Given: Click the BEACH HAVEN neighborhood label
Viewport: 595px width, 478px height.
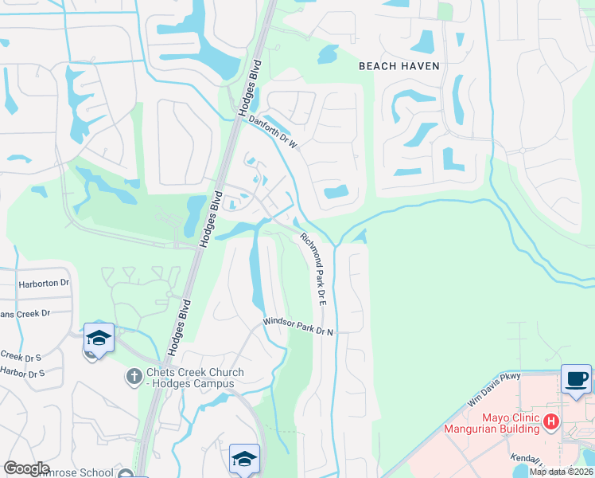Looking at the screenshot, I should (x=399, y=66).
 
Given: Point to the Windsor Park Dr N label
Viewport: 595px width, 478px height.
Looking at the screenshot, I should (x=298, y=326).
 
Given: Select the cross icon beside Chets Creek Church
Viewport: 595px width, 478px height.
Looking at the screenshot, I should (x=134, y=375).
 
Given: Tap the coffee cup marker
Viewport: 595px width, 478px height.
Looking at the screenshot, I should (x=575, y=378).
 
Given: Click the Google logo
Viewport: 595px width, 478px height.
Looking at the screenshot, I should (x=26, y=468).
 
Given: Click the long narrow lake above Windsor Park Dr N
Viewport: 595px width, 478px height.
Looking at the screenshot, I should (x=256, y=271).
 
